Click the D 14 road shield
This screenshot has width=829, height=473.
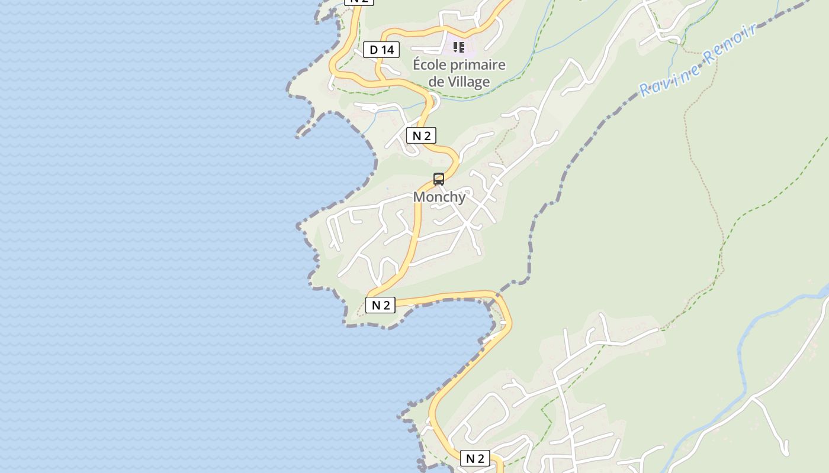[x=381, y=50]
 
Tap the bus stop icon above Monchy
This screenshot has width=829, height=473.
[x=439, y=179]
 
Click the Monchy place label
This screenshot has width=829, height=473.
[x=439, y=197]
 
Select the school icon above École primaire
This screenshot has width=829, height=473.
[x=459, y=47]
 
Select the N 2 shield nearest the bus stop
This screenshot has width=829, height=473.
[x=421, y=136]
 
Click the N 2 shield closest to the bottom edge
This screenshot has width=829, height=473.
[x=475, y=458]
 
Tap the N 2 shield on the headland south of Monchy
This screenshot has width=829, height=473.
[x=380, y=305]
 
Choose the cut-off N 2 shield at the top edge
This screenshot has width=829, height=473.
[x=359, y=2]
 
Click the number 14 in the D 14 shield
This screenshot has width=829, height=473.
[x=387, y=50]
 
